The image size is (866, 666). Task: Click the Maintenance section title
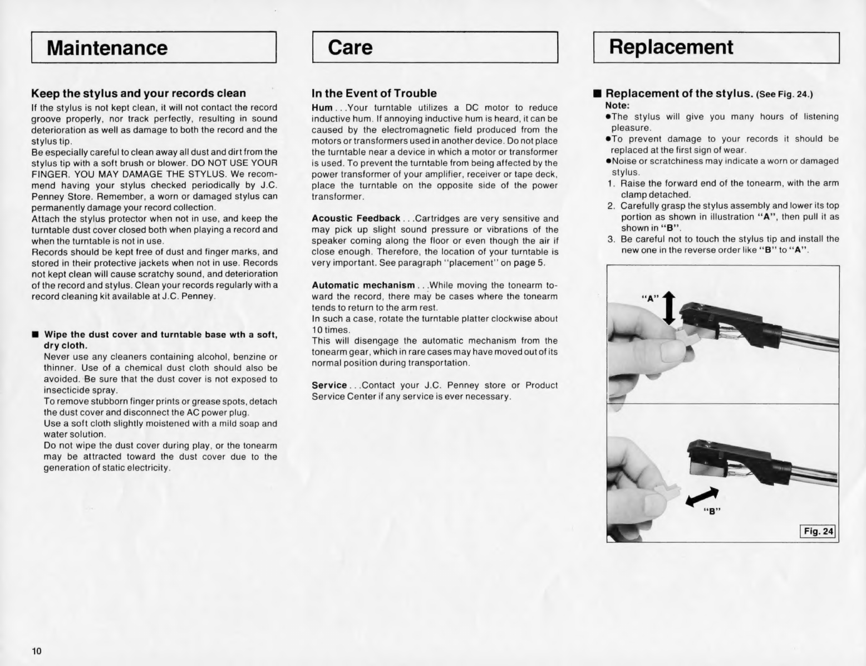pos(107,48)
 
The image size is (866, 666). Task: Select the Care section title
pos(351,47)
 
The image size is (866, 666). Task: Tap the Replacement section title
pos(671,47)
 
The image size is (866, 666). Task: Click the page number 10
pos(37,651)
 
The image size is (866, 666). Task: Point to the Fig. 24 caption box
pos(818,531)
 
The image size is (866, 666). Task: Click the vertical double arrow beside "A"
pos(669,308)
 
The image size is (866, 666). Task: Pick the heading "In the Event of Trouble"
pos(374,94)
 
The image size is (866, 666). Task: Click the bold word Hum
pos(322,107)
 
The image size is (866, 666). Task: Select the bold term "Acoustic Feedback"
pos(356,218)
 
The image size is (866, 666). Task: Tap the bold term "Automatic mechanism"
pos(363,285)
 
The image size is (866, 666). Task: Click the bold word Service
pos(329,385)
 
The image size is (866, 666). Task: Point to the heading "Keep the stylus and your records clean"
pos(139,93)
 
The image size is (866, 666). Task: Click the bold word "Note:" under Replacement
pos(617,105)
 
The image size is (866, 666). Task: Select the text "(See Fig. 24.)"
pos(784,94)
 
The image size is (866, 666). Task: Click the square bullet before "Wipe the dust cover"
pos(35,335)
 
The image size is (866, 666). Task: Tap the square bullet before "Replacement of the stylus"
pos(597,94)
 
